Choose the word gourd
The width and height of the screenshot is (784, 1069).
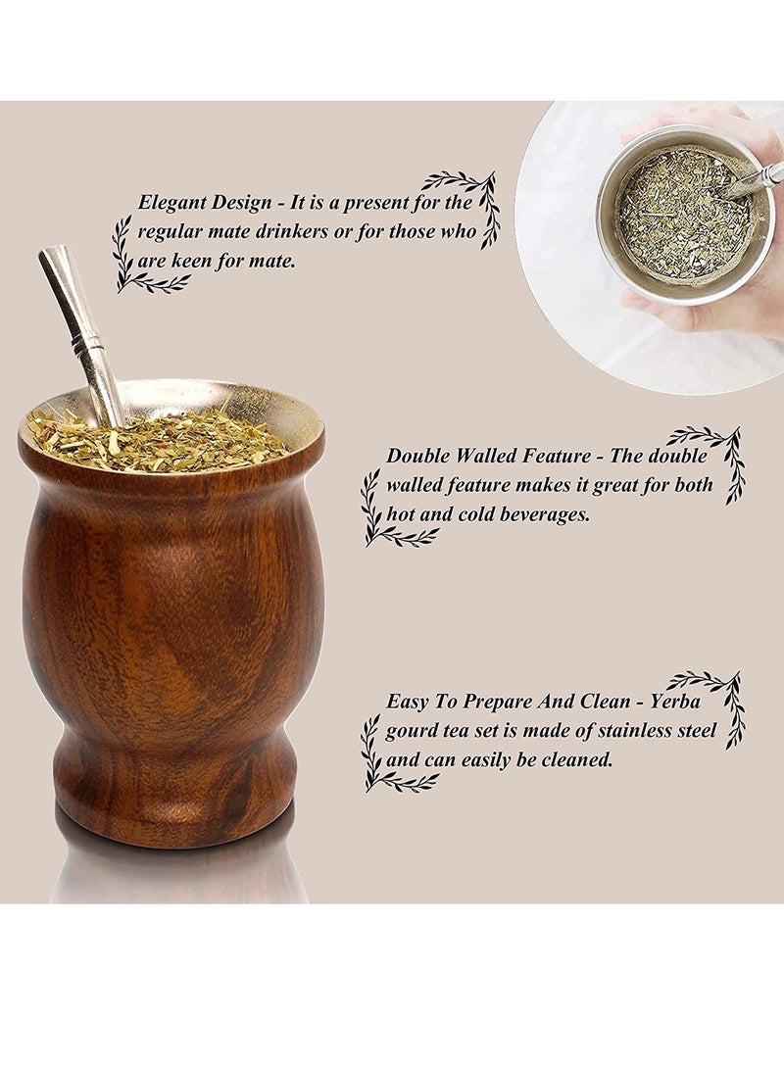point(412,731)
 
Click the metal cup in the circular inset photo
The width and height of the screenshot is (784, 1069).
point(686,216)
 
